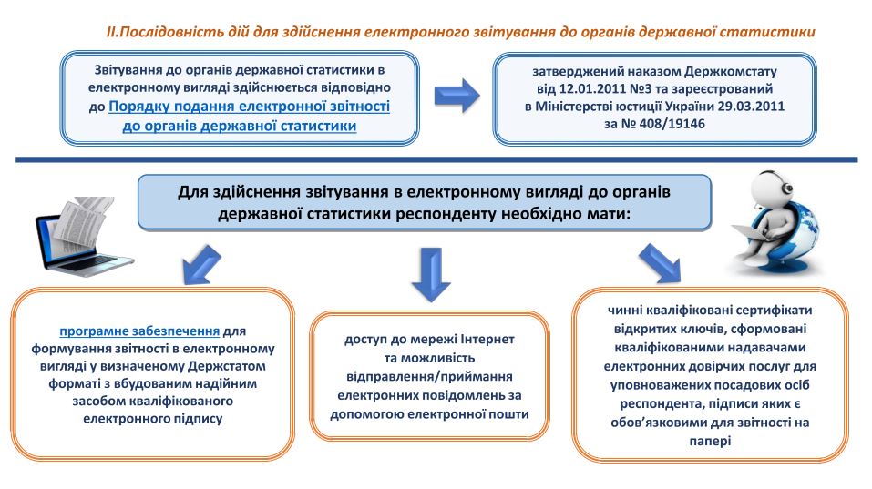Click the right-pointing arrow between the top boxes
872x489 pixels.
click(x=456, y=96)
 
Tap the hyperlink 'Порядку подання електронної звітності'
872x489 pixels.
click(x=249, y=107)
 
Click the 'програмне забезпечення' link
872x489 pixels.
click(x=139, y=331)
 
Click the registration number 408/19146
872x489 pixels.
click(x=672, y=123)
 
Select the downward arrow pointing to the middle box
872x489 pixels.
click(x=430, y=274)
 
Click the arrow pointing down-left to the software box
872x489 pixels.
click(x=201, y=264)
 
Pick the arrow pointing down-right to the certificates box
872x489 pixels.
click(x=660, y=263)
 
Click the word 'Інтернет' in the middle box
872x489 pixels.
click(x=487, y=339)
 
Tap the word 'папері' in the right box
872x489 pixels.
click(x=710, y=442)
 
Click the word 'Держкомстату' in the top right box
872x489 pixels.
click(x=731, y=72)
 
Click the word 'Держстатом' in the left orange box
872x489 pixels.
click(x=227, y=366)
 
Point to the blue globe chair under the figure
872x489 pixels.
click(x=795, y=239)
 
